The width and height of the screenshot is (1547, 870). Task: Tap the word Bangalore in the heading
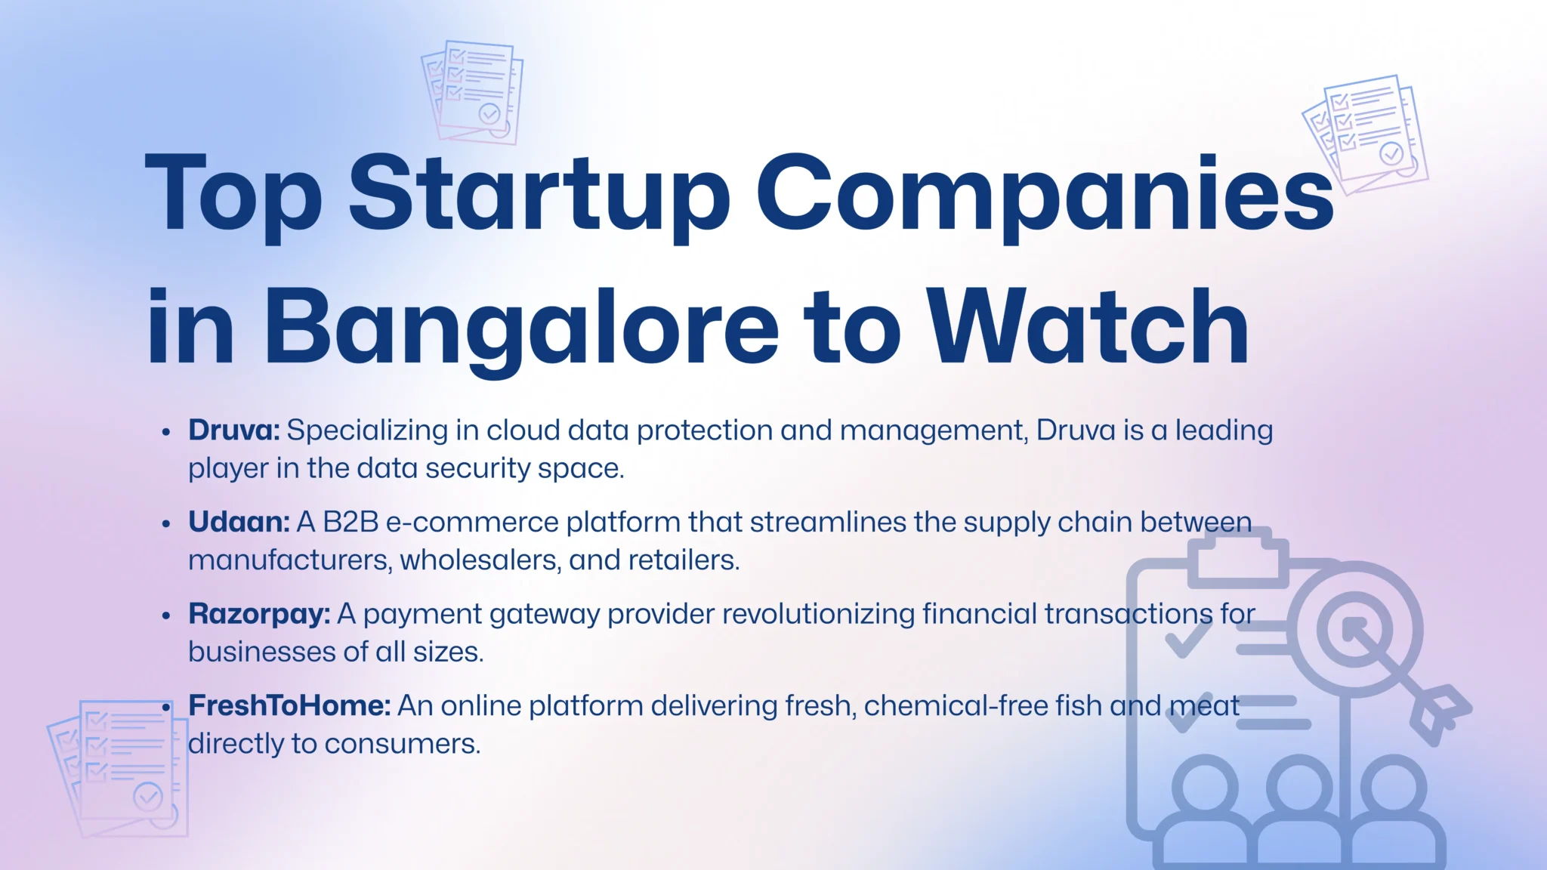tap(521, 329)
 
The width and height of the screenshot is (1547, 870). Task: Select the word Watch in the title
tap(1088, 329)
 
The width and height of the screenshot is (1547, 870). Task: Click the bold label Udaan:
tap(239, 522)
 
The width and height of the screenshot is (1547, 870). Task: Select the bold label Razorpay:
tap(259, 614)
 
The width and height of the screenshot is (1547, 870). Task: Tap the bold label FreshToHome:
tap(289, 705)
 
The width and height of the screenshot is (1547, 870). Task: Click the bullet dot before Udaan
tap(166, 523)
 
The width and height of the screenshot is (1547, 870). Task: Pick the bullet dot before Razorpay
tap(166, 615)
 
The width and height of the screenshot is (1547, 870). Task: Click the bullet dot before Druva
tap(166, 432)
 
